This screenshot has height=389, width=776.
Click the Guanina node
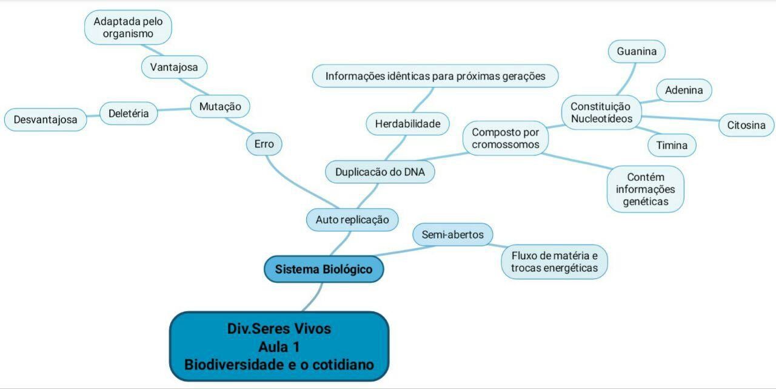[637, 52]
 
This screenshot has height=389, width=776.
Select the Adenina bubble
[684, 90]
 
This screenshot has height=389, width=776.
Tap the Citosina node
[746, 126]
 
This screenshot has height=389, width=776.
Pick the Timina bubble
[672, 145]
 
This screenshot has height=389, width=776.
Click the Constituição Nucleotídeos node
[601, 113]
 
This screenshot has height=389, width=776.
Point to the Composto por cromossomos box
[505, 138]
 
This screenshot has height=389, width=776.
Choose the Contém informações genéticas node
[645, 189]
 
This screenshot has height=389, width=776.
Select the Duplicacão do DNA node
[380, 172]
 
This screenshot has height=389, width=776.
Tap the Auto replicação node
[352, 220]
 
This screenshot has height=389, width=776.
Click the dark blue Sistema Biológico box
[324, 269]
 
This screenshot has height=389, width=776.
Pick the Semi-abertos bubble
[452, 234]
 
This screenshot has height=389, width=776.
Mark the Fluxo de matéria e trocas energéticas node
[554, 262]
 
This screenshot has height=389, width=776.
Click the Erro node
[264, 144]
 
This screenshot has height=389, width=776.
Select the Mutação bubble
[220, 107]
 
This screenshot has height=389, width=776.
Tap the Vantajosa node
[174, 67]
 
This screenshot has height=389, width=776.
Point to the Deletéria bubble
[129, 113]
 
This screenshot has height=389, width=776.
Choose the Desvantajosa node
[45, 120]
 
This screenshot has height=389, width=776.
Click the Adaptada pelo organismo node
[128, 28]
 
